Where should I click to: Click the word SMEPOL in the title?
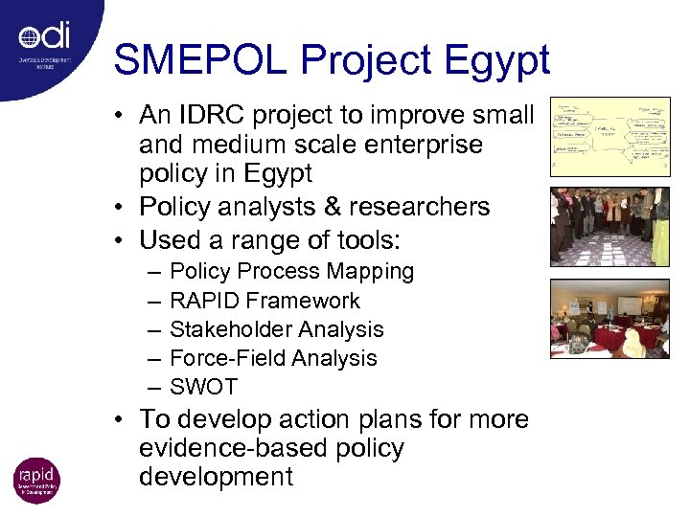[x=199, y=60]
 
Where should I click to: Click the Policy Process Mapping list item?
[x=291, y=272]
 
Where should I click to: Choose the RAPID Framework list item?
[x=264, y=301]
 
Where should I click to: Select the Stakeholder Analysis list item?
[x=276, y=329]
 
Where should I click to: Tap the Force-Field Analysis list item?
[x=273, y=358]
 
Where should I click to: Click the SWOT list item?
[x=203, y=387]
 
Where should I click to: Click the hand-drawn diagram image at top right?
[x=609, y=137]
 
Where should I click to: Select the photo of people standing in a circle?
[x=609, y=227]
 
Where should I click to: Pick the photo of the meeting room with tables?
[x=609, y=318]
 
